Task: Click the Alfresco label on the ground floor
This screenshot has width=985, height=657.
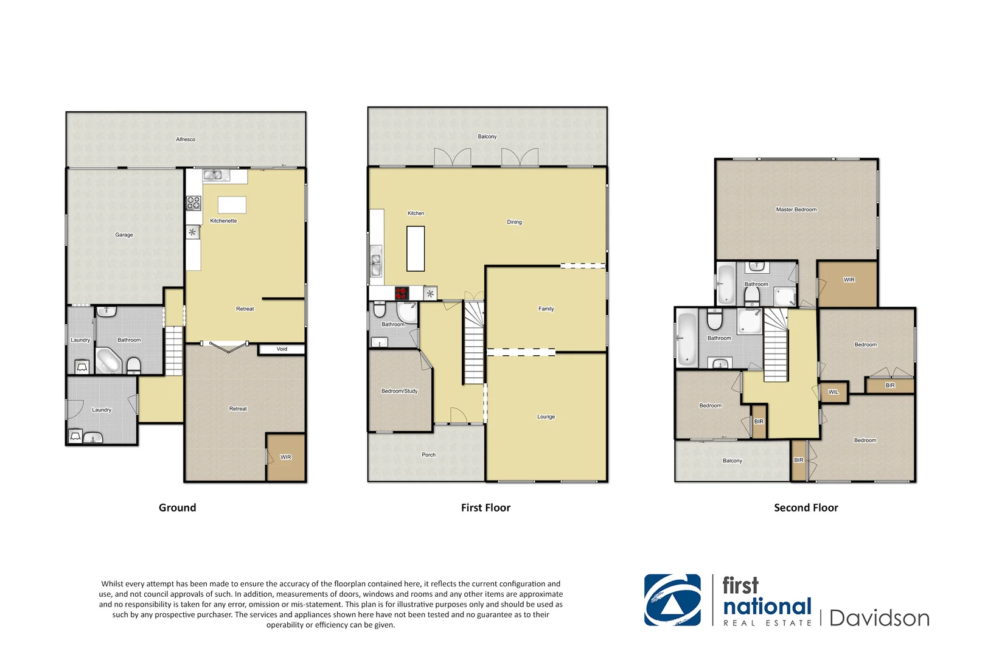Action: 186,139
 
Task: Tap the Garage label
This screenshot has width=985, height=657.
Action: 124,235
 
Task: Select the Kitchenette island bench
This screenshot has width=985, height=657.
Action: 232,205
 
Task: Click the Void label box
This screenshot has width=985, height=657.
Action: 282,349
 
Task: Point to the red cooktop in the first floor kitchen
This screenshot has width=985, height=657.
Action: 402,293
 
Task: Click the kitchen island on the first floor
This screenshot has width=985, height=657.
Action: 416,248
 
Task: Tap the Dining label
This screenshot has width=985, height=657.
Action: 514,222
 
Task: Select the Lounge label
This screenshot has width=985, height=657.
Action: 546,417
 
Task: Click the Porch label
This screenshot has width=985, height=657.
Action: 428,455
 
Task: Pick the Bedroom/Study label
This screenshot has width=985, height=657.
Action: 400,391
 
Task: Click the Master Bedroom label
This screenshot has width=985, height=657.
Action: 796,209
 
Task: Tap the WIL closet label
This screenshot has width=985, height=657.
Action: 833,392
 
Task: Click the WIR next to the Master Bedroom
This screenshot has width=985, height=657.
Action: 849,280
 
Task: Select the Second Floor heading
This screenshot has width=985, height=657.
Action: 806,508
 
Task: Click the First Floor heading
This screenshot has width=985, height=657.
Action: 486,508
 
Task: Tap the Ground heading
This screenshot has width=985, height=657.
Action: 177,508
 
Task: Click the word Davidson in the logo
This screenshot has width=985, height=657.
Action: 879,618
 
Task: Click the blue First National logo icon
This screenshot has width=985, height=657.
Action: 672,600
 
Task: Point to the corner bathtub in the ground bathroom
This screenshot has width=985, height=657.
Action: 108,361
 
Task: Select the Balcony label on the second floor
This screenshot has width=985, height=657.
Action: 732,461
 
